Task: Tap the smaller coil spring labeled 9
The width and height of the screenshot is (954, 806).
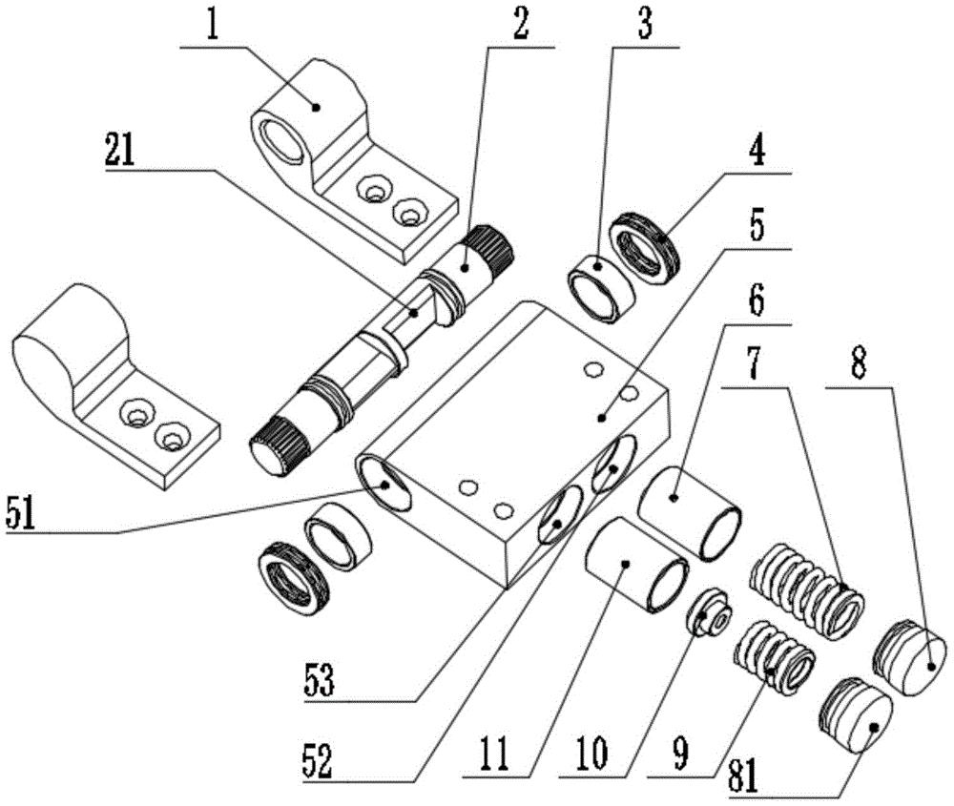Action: click(774, 653)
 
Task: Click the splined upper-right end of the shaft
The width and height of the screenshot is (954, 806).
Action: click(492, 246)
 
